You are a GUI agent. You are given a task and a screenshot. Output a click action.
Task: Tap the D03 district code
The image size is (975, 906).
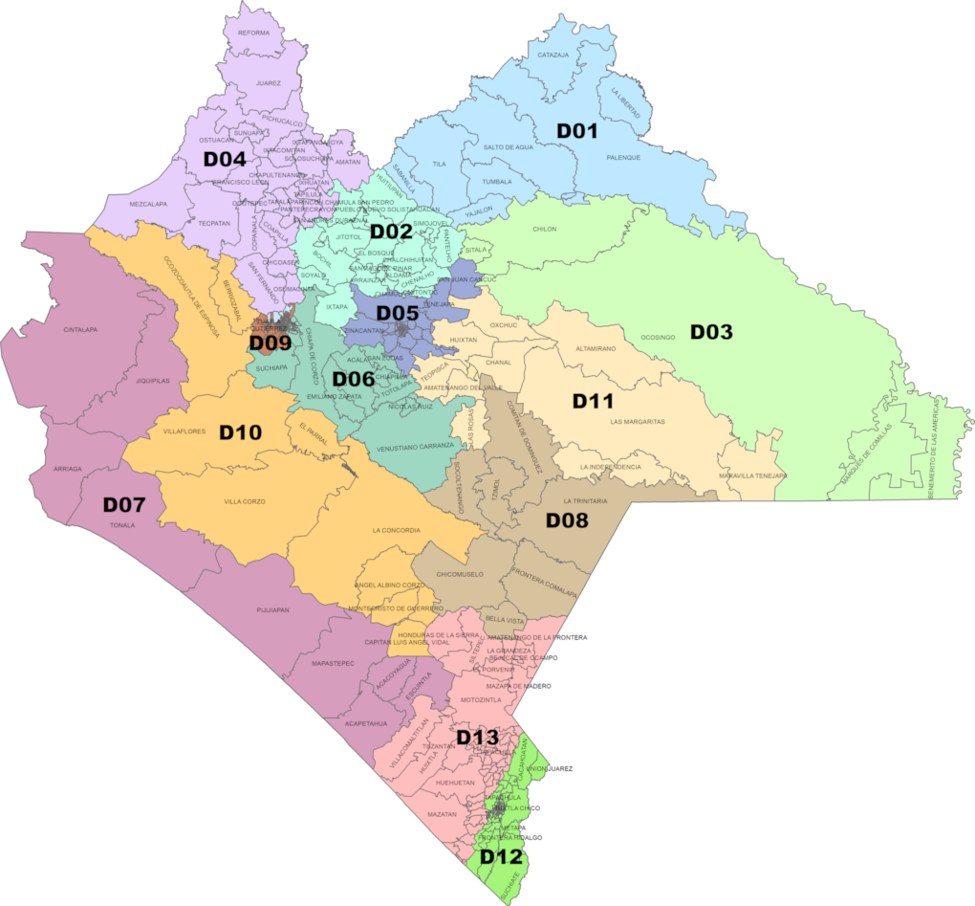click(711, 332)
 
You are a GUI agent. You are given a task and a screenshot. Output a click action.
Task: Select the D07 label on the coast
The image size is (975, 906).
click(123, 504)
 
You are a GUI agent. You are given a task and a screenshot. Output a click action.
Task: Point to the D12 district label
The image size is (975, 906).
click(500, 856)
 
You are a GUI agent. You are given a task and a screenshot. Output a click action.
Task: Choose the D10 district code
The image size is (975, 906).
click(240, 432)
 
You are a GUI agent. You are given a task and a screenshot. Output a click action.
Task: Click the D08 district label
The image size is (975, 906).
click(566, 520)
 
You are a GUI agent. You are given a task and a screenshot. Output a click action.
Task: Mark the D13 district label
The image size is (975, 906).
click(477, 737)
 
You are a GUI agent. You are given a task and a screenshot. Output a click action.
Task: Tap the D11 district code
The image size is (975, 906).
click(593, 401)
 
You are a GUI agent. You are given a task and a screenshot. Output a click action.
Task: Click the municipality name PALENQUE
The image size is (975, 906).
click(623, 157)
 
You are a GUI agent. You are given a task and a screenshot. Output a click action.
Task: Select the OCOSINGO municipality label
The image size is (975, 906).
click(658, 338)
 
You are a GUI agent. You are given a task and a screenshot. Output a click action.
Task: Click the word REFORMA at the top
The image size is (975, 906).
click(253, 33)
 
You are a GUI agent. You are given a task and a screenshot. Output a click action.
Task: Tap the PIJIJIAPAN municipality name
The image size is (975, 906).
click(272, 608)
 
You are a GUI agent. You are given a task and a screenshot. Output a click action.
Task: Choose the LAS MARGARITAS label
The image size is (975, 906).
click(637, 422)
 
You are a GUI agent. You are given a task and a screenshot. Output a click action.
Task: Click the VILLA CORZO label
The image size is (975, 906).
click(245, 501)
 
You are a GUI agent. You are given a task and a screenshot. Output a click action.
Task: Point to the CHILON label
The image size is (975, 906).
click(544, 230)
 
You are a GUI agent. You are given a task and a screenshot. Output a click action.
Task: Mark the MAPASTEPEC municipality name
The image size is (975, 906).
click(333, 662)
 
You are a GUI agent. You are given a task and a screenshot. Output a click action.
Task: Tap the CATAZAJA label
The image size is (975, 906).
click(552, 55)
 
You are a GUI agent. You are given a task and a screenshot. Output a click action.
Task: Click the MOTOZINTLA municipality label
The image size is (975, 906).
click(480, 700)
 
